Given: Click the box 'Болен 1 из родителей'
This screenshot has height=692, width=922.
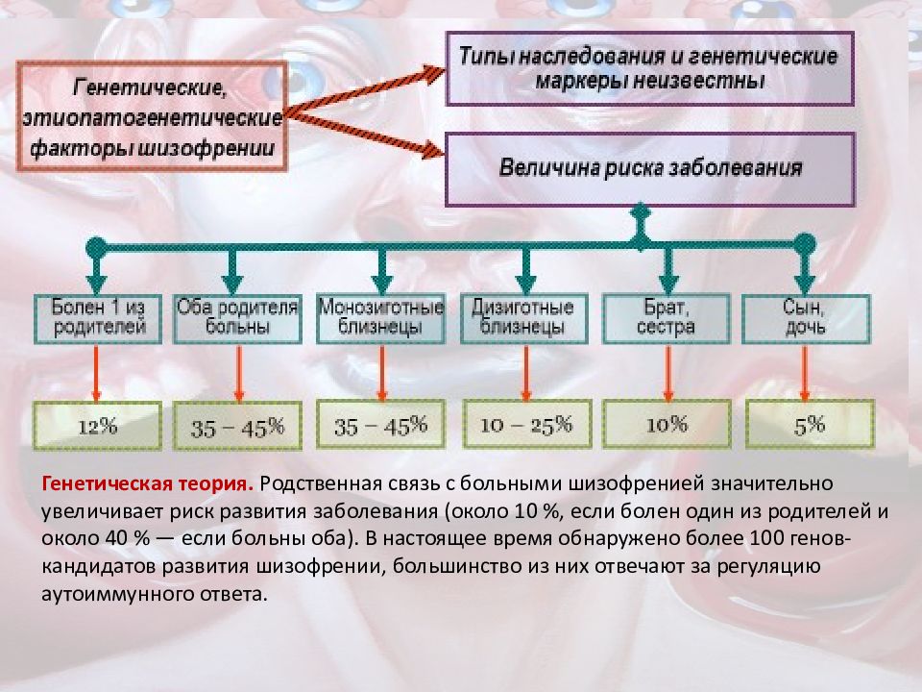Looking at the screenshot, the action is point(98,319).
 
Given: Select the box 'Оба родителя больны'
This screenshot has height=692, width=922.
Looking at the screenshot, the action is point(237,319).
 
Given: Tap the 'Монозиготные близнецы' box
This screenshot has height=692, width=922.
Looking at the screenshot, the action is point(380,319).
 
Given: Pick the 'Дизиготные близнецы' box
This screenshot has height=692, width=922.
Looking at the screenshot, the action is point(524,319).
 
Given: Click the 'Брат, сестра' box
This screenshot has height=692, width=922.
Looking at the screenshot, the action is point(667,319).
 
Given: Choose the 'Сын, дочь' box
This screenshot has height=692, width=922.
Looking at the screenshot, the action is point(806,319).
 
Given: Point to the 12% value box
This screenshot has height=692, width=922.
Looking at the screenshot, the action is point(97,426).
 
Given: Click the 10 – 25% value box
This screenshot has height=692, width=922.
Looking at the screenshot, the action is point(527,424).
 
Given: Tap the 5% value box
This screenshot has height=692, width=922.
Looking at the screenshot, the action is point(810,424).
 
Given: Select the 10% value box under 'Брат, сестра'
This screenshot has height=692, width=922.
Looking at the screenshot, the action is point(667,424).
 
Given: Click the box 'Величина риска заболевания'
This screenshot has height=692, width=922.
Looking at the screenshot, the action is point(650,169).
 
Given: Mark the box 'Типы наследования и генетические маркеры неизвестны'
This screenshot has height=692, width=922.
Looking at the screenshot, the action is point(650,69).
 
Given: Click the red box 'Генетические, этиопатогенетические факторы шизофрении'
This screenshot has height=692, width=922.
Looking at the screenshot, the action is point(153,116).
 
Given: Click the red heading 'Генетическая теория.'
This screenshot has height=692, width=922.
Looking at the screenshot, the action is point(148,483).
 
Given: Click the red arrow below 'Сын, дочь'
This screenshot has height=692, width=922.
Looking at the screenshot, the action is point(805,373).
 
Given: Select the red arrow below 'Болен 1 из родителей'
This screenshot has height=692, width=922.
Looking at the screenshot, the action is point(96,373).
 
